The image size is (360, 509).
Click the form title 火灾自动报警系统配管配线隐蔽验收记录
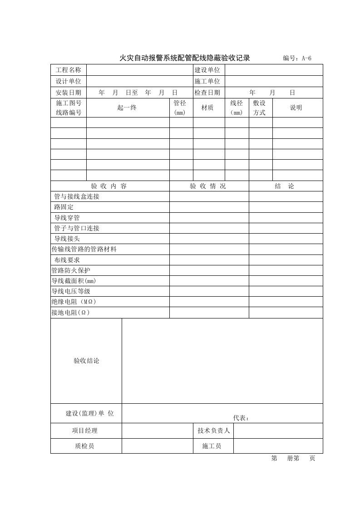pos(184,58)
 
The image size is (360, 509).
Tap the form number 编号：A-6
pos(297,58)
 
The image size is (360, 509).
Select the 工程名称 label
pos(69,70)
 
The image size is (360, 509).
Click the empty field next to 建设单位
pos(274,70)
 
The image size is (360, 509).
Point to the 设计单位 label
pos(69,81)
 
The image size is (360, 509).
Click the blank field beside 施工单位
pos(274,81)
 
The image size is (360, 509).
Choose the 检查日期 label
pos(207,93)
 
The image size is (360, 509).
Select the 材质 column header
pos(207,108)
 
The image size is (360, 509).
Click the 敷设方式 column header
pos(260,108)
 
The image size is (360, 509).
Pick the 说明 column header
pos(296,108)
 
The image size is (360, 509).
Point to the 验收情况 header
pos(207,186)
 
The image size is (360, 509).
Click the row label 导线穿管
pos(67,218)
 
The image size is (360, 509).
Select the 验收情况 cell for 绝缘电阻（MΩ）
pos(209,302)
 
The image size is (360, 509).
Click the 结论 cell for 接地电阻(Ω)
pos(286,313)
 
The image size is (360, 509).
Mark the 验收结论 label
pos(86,361)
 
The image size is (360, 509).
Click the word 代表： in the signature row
pos(241,418)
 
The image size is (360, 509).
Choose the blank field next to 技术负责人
pos(278,431)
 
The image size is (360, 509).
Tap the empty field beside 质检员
pos(157,446)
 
